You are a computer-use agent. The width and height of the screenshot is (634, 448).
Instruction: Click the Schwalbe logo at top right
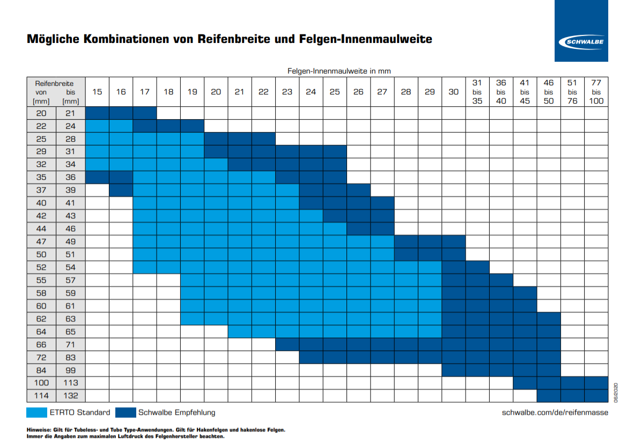[x=582, y=42]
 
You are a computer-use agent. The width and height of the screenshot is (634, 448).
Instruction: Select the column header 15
[x=97, y=92]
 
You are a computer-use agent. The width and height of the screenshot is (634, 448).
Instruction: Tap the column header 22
[x=263, y=92]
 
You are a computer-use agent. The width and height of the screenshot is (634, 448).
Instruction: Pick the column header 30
[x=453, y=92]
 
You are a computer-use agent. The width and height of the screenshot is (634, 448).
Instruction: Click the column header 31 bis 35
[x=477, y=92]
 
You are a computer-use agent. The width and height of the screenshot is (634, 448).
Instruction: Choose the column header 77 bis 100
[x=596, y=92]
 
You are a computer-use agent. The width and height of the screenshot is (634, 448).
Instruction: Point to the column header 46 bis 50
[x=549, y=92]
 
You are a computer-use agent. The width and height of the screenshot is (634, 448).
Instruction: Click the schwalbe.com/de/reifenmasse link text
[x=555, y=412]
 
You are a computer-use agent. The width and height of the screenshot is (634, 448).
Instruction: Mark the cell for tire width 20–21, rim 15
[x=97, y=113]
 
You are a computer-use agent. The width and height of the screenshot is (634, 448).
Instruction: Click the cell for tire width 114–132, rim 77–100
[x=596, y=396]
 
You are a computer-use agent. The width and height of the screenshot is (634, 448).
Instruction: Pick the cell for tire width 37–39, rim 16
[x=121, y=190]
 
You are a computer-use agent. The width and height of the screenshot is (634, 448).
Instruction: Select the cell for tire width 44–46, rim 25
[x=335, y=229]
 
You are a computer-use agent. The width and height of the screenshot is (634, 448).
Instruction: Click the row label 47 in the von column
[x=41, y=241]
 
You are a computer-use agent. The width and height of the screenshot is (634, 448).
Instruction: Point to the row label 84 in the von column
[x=41, y=370]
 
